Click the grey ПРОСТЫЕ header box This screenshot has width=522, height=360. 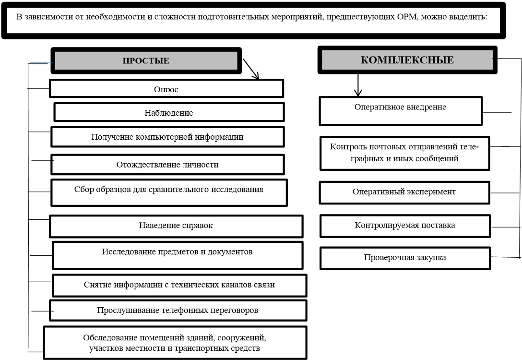tap(145, 60)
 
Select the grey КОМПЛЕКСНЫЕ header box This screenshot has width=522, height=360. tap(406, 60)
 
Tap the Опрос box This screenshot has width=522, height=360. tap(166, 89)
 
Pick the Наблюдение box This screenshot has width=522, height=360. tap(169, 113)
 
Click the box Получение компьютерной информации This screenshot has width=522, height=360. tap(167, 137)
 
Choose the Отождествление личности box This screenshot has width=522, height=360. tap(167, 165)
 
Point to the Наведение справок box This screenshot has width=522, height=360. tap(176, 226)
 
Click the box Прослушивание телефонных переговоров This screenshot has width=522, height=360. tap(178, 310)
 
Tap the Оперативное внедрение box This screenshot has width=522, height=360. tap(400, 110)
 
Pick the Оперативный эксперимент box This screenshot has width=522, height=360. tap(404, 192)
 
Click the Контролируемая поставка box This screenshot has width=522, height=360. tap(405, 225)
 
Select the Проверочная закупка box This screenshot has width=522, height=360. tap(405, 258)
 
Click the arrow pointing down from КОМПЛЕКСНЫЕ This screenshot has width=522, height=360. tap(356, 86)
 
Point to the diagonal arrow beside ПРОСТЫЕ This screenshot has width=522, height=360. tap(251, 69)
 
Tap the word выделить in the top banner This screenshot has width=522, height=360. tap(471, 16)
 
